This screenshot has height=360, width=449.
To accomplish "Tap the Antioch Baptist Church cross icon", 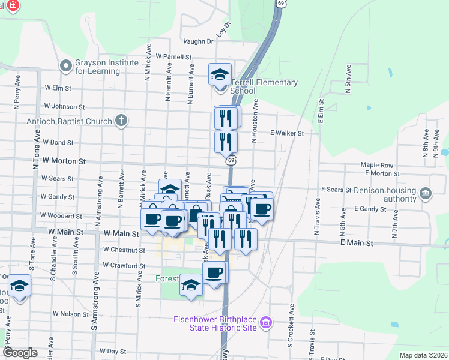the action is point(121,121).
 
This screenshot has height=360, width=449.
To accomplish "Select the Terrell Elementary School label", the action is point(273,86).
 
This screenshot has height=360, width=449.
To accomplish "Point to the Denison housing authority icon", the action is point(426,193).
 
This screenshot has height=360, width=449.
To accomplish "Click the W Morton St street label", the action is point(65,161).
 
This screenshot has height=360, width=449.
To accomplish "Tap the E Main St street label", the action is point(357,244).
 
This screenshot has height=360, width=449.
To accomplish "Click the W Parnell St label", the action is point(173,57).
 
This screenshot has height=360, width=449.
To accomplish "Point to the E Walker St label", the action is point(286,133).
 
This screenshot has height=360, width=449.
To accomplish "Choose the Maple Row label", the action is point(376,165).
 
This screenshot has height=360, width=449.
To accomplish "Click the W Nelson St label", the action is point(71,313).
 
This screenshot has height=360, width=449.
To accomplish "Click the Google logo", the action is point(20,353).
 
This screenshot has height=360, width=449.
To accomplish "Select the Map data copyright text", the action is point(423,355).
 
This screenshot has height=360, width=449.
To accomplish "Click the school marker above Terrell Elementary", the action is point(220,74).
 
